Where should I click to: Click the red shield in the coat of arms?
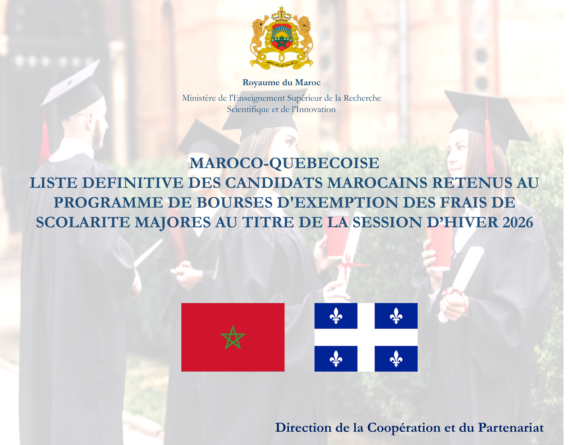click(x=284, y=38)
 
